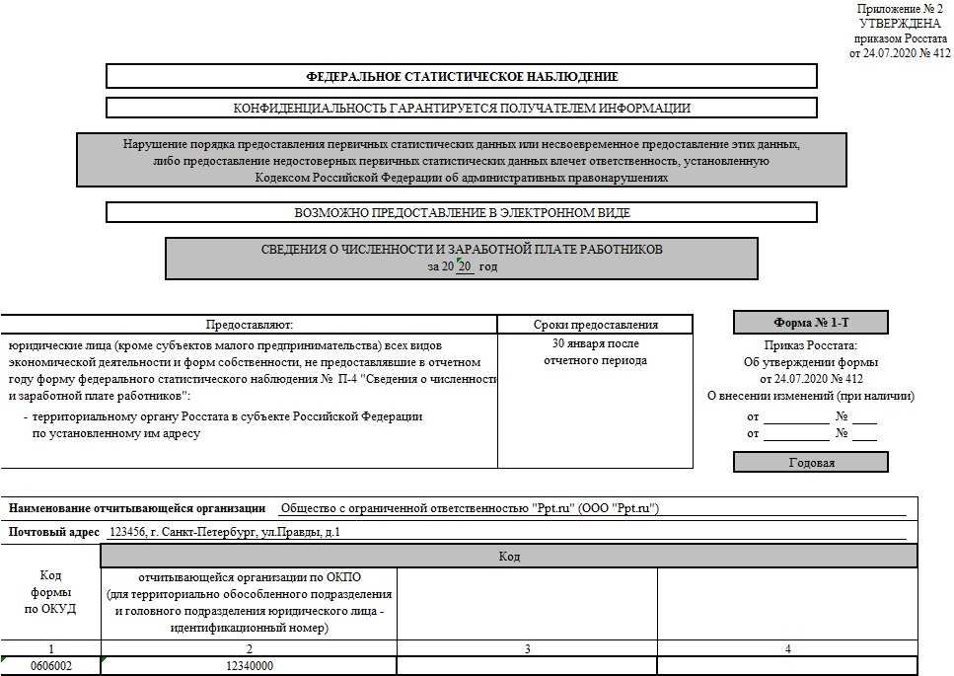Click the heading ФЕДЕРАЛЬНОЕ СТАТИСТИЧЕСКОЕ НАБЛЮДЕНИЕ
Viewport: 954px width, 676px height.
(x=462, y=76)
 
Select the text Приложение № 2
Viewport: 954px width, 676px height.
(x=900, y=9)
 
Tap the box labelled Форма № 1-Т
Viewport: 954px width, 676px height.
(x=810, y=322)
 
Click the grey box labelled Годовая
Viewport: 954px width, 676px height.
(x=811, y=462)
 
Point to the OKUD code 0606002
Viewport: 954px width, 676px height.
(x=50, y=666)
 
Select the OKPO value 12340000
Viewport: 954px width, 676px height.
(x=249, y=666)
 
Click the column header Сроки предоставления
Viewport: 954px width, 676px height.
(x=595, y=324)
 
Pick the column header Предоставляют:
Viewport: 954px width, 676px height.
(x=249, y=324)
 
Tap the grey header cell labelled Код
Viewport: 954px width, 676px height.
(x=509, y=557)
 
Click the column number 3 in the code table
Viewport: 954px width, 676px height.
(x=527, y=648)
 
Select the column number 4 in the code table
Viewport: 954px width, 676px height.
(x=787, y=648)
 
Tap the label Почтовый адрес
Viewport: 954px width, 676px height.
(x=54, y=532)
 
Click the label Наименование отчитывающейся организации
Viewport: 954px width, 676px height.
(x=137, y=508)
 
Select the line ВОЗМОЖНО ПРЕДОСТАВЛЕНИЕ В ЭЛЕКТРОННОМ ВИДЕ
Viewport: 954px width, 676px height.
(x=462, y=212)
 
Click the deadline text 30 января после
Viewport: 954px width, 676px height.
(x=595, y=343)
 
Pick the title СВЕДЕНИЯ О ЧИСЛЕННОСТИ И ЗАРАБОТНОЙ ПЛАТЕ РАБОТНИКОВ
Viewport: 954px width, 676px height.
(x=462, y=250)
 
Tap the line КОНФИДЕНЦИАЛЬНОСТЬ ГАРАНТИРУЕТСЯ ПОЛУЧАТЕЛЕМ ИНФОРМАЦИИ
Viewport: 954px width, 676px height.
(x=462, y=108)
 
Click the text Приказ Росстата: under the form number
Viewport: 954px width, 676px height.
(x=811, y=345)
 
